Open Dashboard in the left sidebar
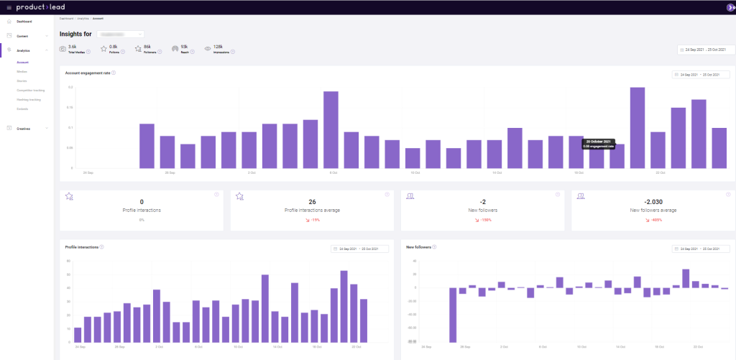coord(24,22)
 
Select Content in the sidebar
coord(22,35)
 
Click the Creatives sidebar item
coord(24,129)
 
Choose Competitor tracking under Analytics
coord(30,90)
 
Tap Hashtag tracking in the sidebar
coord(29,99)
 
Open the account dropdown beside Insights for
coord(120,34)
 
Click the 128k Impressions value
coord(218,47)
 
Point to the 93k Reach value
coord(185,47)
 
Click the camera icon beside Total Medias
coord(63,49)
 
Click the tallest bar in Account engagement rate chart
coord(638,128)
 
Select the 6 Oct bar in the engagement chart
coord(331,129)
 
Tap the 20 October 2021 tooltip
coord(598,144)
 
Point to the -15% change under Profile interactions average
coord(312,219)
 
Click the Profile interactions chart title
coord(81,247)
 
